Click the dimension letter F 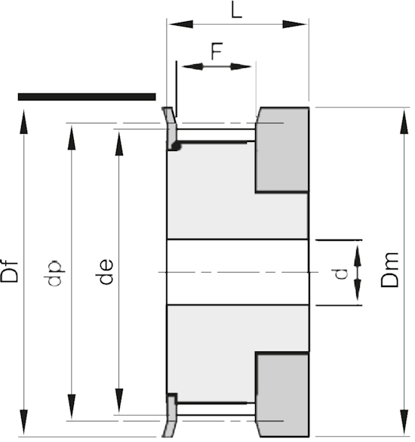click(217, 51)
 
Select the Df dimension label click(10, 270)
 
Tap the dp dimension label click(54, 273)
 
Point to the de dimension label click(104, 271)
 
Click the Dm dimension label click(389, 270)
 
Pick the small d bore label click(342, 274)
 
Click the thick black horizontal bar click(87, 97)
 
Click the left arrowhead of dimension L click(181, 24)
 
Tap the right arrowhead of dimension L click(294, 24)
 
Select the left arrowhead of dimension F click(192, 66)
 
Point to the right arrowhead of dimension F click(241, 66)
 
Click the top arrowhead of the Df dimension click(24, 122)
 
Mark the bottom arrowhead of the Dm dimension click(404, 422)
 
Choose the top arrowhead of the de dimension click(119, 144)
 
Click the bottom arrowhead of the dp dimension click(72, 406)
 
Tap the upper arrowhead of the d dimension click(358, 256)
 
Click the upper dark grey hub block click(282, 150)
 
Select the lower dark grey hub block click(282, 394)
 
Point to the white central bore click(238, 272)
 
